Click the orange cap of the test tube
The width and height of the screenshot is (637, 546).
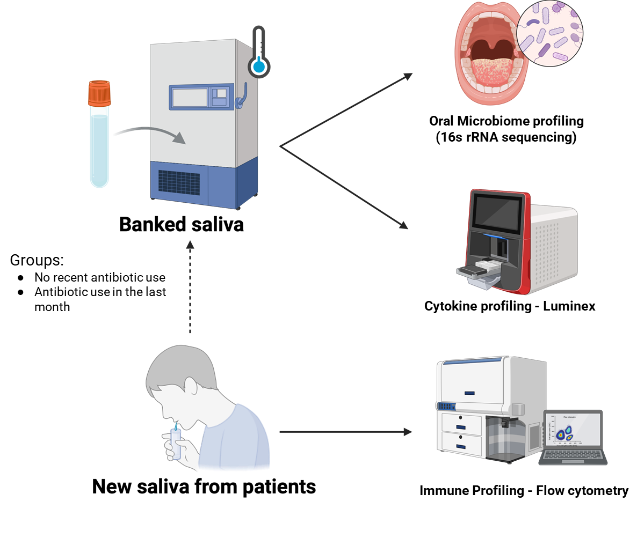click(x=99, y=93)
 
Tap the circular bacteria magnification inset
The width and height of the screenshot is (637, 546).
click(x=549, y=33)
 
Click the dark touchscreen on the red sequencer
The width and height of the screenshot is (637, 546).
click(x=497, y=211)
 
